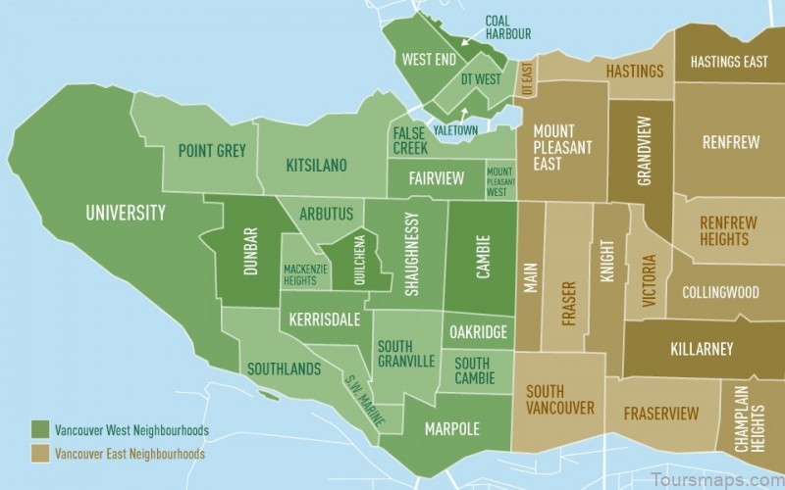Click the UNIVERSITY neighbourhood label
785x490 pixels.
tap(125, 213)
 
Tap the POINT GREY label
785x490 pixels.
tap(212, 151)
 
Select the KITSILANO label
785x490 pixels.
tap(316, 165)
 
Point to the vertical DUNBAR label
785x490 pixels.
tap(250, 251)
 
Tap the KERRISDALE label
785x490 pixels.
tap(324, 319)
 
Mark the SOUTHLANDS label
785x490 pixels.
tap(284, 369)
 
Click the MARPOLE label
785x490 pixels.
tap(452, 429)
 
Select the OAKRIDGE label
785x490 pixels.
tap(478, 332)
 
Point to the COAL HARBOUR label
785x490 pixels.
tap(507, 27)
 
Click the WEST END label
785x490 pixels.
tap(429, 60)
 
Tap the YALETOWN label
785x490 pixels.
tap(454, 129)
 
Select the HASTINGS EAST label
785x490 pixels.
tap(729, 62)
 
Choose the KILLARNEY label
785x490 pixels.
tap(701, 349)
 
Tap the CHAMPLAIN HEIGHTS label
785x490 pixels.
tap(751, 418)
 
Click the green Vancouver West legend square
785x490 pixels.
tap(39, 430)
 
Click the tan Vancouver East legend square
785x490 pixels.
tap(39, 454)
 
